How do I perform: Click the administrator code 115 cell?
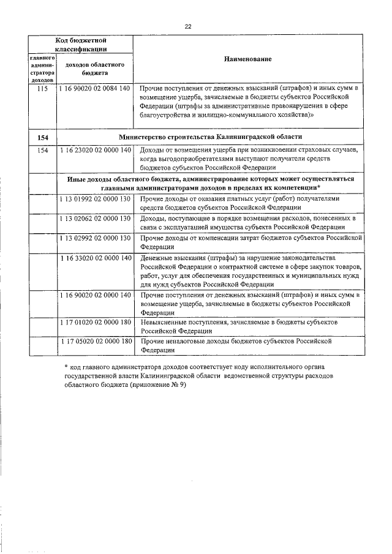(42, 89)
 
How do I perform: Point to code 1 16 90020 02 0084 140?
(95, 89)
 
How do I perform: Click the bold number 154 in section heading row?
(42, 137)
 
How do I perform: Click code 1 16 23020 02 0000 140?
(95, 151)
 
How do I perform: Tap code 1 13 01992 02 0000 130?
(95, 199)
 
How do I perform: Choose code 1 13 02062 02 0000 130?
(95, 219)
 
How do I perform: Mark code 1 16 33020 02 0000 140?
(95, 258)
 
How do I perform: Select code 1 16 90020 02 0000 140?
(95, 295)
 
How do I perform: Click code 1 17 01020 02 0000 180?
(95, 321)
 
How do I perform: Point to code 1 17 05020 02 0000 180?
(95, 341)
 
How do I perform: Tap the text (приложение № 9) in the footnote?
(157, 386)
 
